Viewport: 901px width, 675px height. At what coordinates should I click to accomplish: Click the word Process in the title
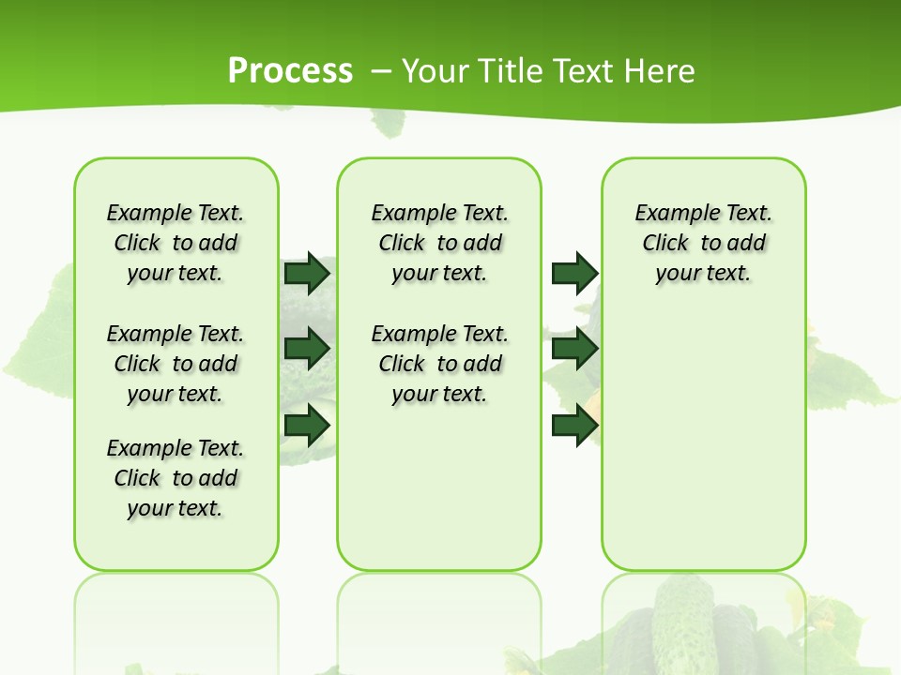[290, 70]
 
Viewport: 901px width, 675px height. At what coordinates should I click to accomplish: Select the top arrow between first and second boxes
[307, 273]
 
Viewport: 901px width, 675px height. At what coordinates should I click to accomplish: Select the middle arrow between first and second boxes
[307, 349]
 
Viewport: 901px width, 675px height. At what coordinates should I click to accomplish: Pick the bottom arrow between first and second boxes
[307, 426]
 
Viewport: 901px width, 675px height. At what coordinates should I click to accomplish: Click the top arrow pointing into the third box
[574, 273]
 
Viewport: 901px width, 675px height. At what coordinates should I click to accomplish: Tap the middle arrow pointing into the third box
[574, 349]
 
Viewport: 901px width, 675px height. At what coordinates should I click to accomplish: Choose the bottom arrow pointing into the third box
[574, 426]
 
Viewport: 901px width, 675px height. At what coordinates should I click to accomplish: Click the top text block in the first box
[176, 243]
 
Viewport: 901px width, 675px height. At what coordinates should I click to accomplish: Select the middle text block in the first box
[176, 364]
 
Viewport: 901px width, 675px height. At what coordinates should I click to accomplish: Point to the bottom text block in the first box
[176, 478]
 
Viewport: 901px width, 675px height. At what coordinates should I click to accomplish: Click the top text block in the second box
[439, 243]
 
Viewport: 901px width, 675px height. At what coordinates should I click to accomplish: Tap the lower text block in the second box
[439, 364]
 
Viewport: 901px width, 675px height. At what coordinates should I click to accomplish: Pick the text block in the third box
[703, 243]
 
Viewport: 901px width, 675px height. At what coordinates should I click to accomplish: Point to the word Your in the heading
[436, 71]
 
